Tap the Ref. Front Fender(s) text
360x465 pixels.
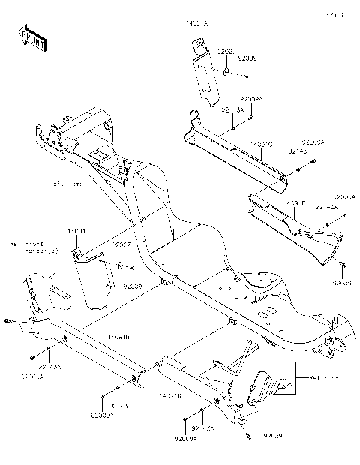[34, 247]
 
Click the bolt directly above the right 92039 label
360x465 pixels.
[342, 265]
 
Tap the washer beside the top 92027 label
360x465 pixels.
[226, 73]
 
